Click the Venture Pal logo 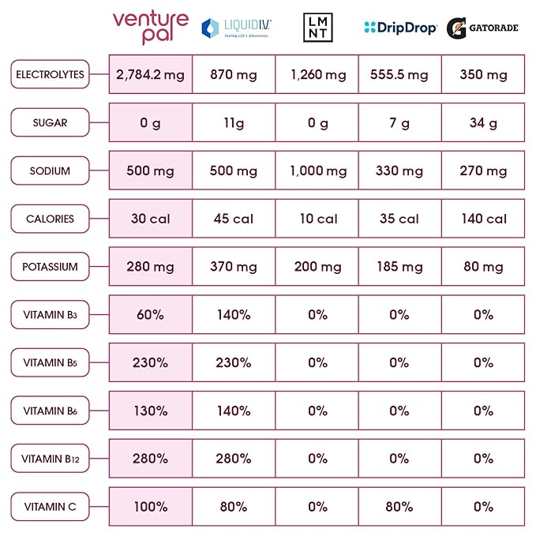pos(150,28)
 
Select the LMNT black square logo pos(318,28)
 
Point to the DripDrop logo pos(400,28)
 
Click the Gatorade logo pos(482,28)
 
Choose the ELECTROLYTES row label pos(50,75)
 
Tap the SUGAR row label pos(50,123)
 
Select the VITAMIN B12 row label pos(50,459)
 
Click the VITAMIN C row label pos(50,507)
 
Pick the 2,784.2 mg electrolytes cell pos(150,75)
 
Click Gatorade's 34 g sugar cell pos(483,123)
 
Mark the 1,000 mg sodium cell pos(317,171)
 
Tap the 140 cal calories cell pos(483,219)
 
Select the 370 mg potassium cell pos(234,267)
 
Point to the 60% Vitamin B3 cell pos(150,314)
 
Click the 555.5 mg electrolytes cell pos(399,75)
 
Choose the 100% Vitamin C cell pos(150,507)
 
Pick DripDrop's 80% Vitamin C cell pos(399,507)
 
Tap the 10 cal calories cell pos(317,219)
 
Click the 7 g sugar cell pos(399,123)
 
